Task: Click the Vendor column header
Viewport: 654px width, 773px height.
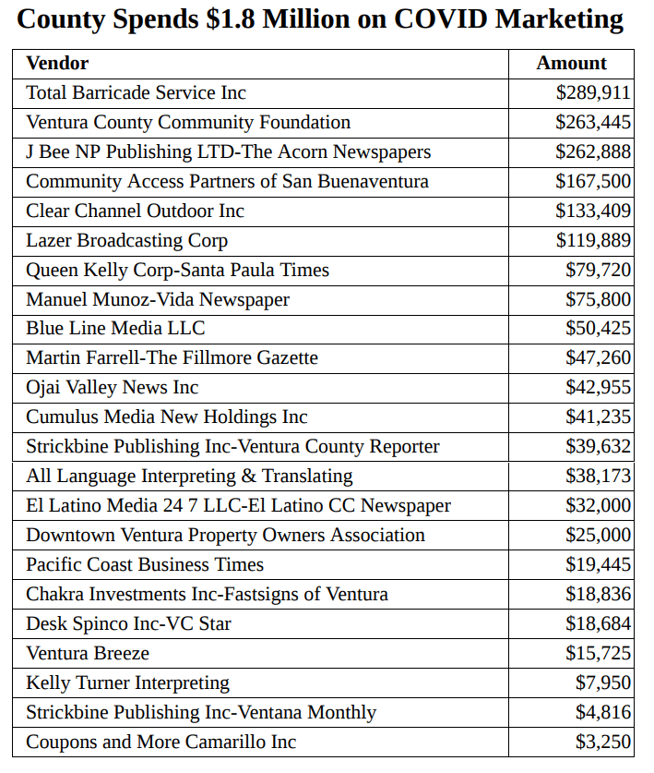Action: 57,63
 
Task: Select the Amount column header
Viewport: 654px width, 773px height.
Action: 572,63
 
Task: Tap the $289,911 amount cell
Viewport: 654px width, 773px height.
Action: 593,92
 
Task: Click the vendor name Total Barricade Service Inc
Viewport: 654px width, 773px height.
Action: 136,92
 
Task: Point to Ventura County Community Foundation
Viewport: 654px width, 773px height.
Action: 188,122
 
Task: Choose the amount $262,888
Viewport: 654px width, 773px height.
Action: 593,151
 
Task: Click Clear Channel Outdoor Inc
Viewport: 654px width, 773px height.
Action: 135,211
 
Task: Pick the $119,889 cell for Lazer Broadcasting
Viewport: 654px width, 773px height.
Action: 593,240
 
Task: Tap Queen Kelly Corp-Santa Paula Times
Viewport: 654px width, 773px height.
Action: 177,270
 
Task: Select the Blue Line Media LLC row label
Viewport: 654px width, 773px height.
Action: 115,328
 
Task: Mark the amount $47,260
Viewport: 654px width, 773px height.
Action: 598,357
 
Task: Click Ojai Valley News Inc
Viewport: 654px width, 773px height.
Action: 112,387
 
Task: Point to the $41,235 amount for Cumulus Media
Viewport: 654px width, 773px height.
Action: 598,417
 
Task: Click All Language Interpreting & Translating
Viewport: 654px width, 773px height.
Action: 189,476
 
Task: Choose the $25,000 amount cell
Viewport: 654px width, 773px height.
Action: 598,535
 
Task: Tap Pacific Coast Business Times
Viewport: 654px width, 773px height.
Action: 145,564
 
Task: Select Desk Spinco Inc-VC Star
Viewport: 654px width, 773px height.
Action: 128,623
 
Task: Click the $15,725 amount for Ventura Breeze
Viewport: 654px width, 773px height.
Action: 598,653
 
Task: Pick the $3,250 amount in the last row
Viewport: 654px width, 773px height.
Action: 603,742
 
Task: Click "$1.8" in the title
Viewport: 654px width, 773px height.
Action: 232,19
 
